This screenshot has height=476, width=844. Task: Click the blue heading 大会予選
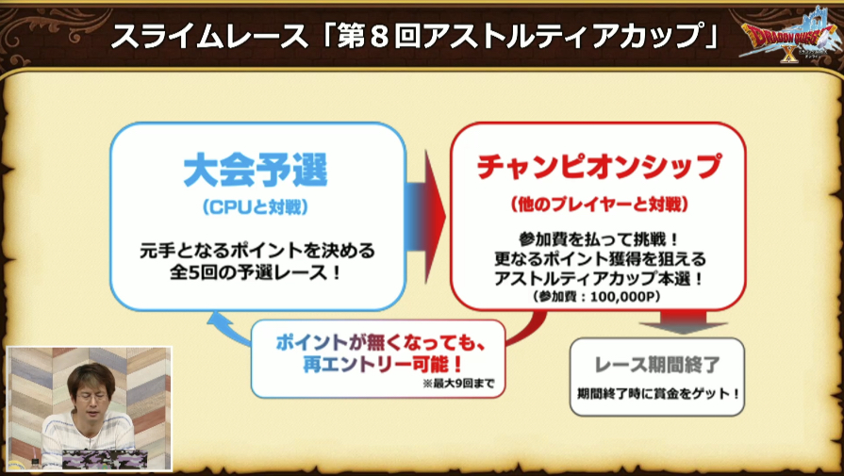point(256,171)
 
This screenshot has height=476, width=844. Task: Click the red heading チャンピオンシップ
point(599,167)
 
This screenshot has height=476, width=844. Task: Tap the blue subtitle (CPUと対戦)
point(256,207)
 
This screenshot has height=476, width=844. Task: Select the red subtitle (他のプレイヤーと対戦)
point(599,205)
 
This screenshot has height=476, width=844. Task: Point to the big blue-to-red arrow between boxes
point(425,217)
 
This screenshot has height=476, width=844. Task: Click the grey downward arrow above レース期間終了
point(683,321)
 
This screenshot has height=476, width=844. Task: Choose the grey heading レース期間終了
point(656,365)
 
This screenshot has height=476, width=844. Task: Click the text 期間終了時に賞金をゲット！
point(658,394)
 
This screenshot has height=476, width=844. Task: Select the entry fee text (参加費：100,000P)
point(596,296)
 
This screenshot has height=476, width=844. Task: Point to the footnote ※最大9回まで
point(458,384)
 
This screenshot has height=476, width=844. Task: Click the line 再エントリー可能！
point(383,365)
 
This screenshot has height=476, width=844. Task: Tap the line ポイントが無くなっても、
point(382,342)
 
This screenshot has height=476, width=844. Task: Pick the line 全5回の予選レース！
point(257,272)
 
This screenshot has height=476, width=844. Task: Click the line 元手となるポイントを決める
point(257,251)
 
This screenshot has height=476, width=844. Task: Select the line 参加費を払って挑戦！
point(599,239)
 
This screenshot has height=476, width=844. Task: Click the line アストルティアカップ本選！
point(599,278)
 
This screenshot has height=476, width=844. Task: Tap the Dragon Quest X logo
point(789,35)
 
